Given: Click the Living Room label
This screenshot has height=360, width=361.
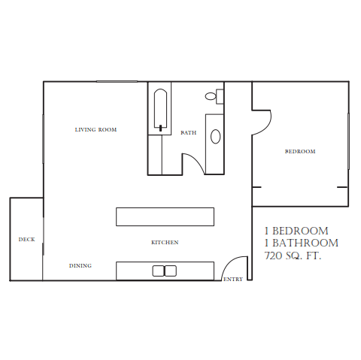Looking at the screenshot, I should pos(96,130).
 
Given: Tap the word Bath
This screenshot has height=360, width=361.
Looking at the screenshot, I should pos(189,133).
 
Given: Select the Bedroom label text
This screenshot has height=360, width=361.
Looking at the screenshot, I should pos(300,152).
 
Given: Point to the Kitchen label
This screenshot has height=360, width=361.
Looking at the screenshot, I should pos(165,243).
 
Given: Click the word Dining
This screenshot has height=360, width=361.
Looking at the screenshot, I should pos(80,266).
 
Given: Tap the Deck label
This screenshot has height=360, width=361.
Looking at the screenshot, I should pos(26,240).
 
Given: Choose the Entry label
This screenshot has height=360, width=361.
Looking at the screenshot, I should pos(233,280).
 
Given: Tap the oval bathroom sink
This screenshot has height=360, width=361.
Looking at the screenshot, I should pos(215,136).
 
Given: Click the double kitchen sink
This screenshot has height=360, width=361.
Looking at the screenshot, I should pos(165,271).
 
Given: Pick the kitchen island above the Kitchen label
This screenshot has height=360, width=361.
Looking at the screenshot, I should pos(165,216).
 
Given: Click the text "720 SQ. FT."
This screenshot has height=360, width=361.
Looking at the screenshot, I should pos(293,256).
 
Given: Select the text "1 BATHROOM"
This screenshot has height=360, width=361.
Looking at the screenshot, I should pos(301,244).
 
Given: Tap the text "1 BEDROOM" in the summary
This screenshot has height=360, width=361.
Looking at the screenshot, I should pos(296,231).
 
